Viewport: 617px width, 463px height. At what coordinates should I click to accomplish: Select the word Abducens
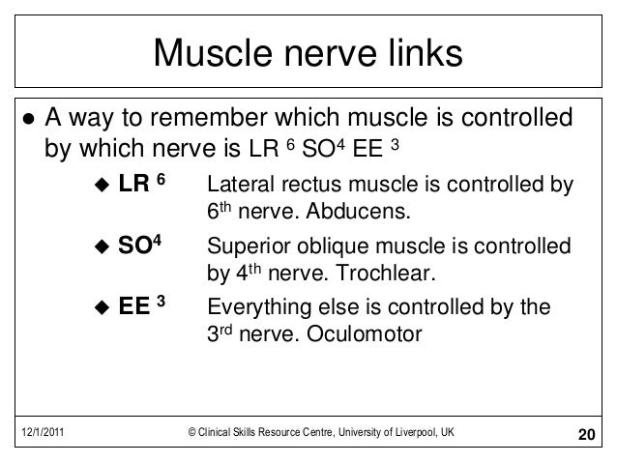pyautogui.click(x=368, y=211)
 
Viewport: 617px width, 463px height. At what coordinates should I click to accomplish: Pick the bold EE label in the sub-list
pyautogui.click(x=134, y=309)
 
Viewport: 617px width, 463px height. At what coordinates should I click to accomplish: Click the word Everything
pyautogui.click(x=256, y=310)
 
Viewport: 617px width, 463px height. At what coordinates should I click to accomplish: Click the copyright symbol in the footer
pyautogui.click(x=193, y=432)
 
